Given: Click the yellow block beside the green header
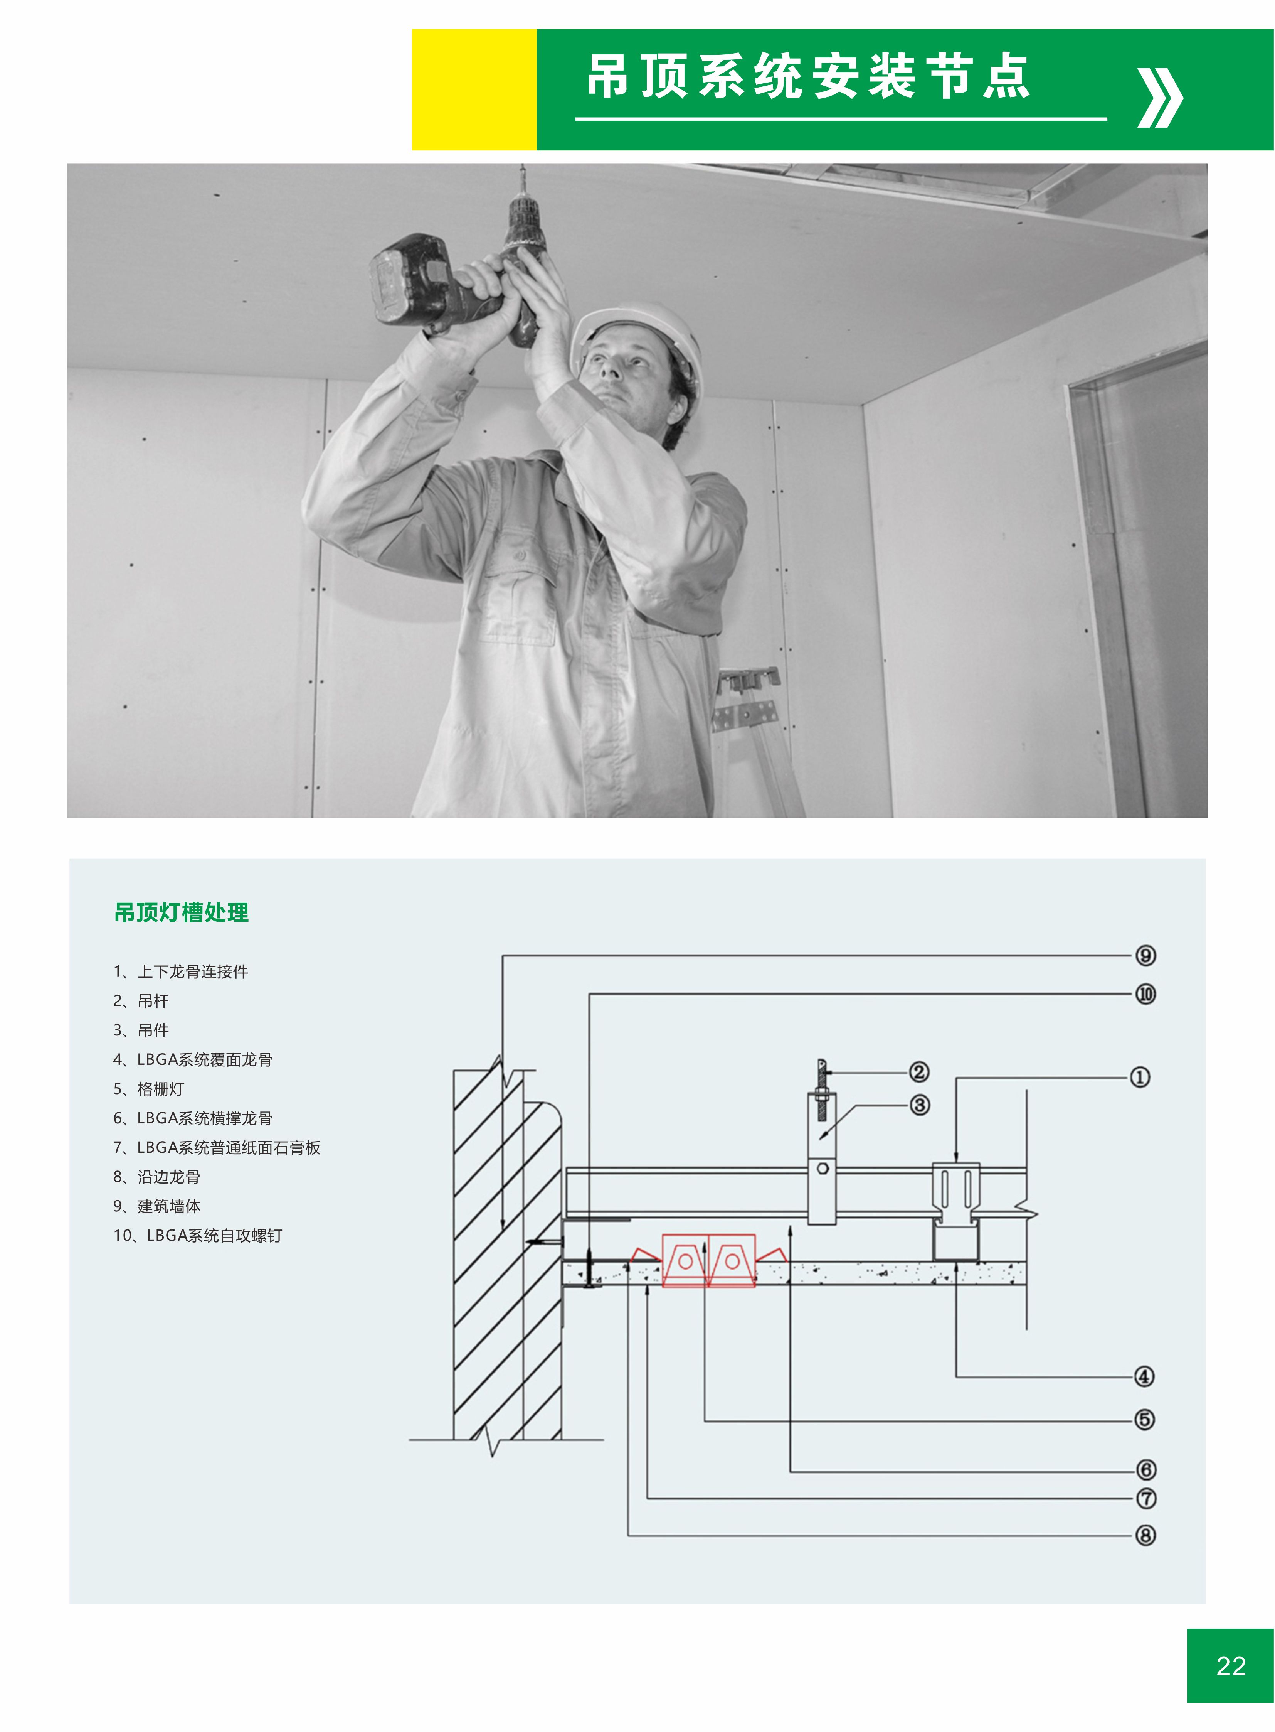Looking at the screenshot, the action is tap(474, 89).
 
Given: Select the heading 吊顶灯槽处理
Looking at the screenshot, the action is tap(182, 913).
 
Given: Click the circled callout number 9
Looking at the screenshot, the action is tap(1145, 956).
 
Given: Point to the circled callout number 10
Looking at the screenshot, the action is tap(1145, 995).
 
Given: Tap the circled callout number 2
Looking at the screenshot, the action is tap(918, 1072).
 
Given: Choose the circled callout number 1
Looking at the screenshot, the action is tap(1140, 1077).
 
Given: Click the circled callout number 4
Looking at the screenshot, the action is tap(1145, 1376).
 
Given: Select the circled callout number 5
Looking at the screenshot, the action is tap(1145, 1419).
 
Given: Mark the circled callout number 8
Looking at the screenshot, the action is tap(1145, 1535).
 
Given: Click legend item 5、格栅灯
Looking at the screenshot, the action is tap(149, 1089).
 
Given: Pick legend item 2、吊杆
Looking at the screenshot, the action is tap(141, 1001).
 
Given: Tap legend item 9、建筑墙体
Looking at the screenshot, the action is tap(156, 1206).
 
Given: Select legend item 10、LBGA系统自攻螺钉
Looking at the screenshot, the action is tap(198, 1236).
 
